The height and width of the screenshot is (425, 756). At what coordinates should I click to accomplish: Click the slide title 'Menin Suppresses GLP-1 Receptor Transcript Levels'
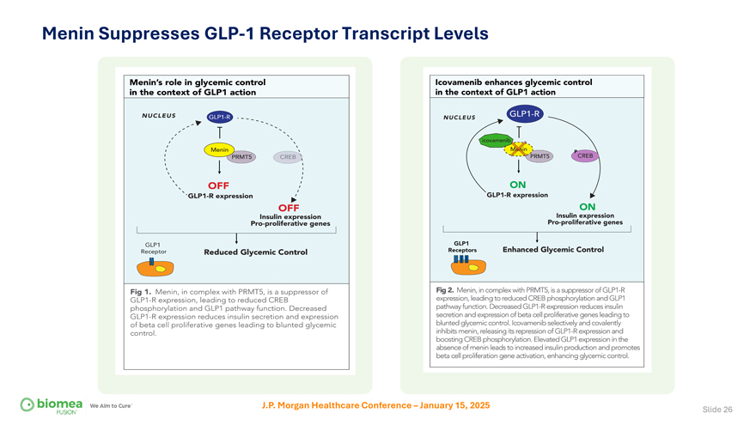pos(265,33)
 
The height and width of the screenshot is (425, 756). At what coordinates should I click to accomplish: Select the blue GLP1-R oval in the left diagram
pos(219,117)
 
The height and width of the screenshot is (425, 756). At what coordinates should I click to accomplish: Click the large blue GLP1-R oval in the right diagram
pos(524,113)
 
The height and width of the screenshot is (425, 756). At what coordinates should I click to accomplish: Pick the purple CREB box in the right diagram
pos(585,155)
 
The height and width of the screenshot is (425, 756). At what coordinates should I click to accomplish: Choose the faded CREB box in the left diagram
pos(287,157)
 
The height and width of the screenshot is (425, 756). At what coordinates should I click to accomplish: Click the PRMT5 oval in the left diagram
pos(242,157)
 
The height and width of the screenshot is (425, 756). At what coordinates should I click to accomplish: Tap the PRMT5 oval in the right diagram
pos(541,156)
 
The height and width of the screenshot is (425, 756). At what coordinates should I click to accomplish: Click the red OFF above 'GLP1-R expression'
pos(216,185)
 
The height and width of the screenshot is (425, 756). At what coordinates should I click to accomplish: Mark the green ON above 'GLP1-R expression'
pos(517,185)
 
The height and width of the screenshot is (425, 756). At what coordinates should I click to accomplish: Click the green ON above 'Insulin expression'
pos(588,206)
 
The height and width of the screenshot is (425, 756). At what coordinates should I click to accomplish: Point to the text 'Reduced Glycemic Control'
pos(254,252)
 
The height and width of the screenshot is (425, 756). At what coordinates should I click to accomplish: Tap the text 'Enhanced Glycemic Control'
pos(552,250)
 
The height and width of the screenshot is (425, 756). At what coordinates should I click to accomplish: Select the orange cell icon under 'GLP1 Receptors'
pos(460,266)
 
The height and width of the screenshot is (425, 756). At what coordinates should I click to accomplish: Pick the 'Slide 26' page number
pos(717,409)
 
